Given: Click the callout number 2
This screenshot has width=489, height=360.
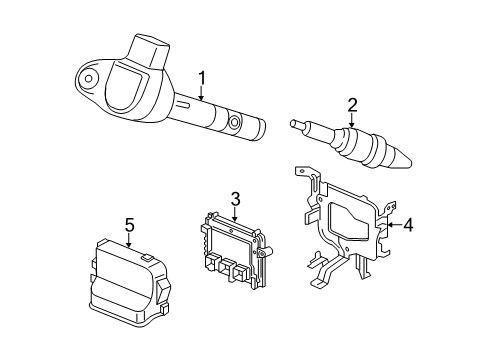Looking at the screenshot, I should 353,105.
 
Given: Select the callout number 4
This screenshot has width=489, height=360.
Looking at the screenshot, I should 408,226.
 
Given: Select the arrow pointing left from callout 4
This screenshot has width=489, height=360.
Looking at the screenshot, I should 390,226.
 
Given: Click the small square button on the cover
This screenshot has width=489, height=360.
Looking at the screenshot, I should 147,259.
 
